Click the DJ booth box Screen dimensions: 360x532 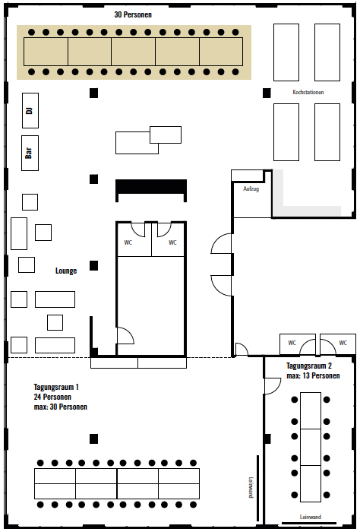pyautogui.click(x=30, y=111)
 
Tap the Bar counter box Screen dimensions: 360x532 pyautogui.click(x=30, y=153)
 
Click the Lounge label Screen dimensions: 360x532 pyautogui.click(x=66, y=271)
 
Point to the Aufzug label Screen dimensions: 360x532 pyautogui.click(x=251, y=188)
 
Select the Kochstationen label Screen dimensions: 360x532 pyautogui.click(x=308, y=92)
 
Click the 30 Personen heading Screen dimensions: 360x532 pyautogui.click(x=133, y=14)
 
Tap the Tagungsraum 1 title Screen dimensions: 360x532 pyautogui.click(x=56, y=387)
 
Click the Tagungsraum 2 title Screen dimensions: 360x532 pyautogui.click(x=309, y=366)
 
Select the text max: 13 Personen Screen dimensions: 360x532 pyautogui.click(x=313, y=375)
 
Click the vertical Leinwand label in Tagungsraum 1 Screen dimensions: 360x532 pyautogui.click(x=251, y=487)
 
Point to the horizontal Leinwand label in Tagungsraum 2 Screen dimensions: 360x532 pyautogui.click(x=310, y=517)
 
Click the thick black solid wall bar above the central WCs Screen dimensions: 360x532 pyautogui.click(x=151, y=187)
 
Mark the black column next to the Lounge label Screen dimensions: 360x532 pyautogui.click(x=94, y=266)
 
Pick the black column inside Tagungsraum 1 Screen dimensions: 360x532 pyautogui.click(x=94, y=439)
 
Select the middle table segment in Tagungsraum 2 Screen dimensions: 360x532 pyautogui.click(x=311, y=447)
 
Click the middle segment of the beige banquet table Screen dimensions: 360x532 pyautogui.click(x=133, y=52)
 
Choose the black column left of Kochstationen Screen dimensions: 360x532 pyautogui.click(x=267, y=93)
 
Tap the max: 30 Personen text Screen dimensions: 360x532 pyautogui.click(x=60, y=407)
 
